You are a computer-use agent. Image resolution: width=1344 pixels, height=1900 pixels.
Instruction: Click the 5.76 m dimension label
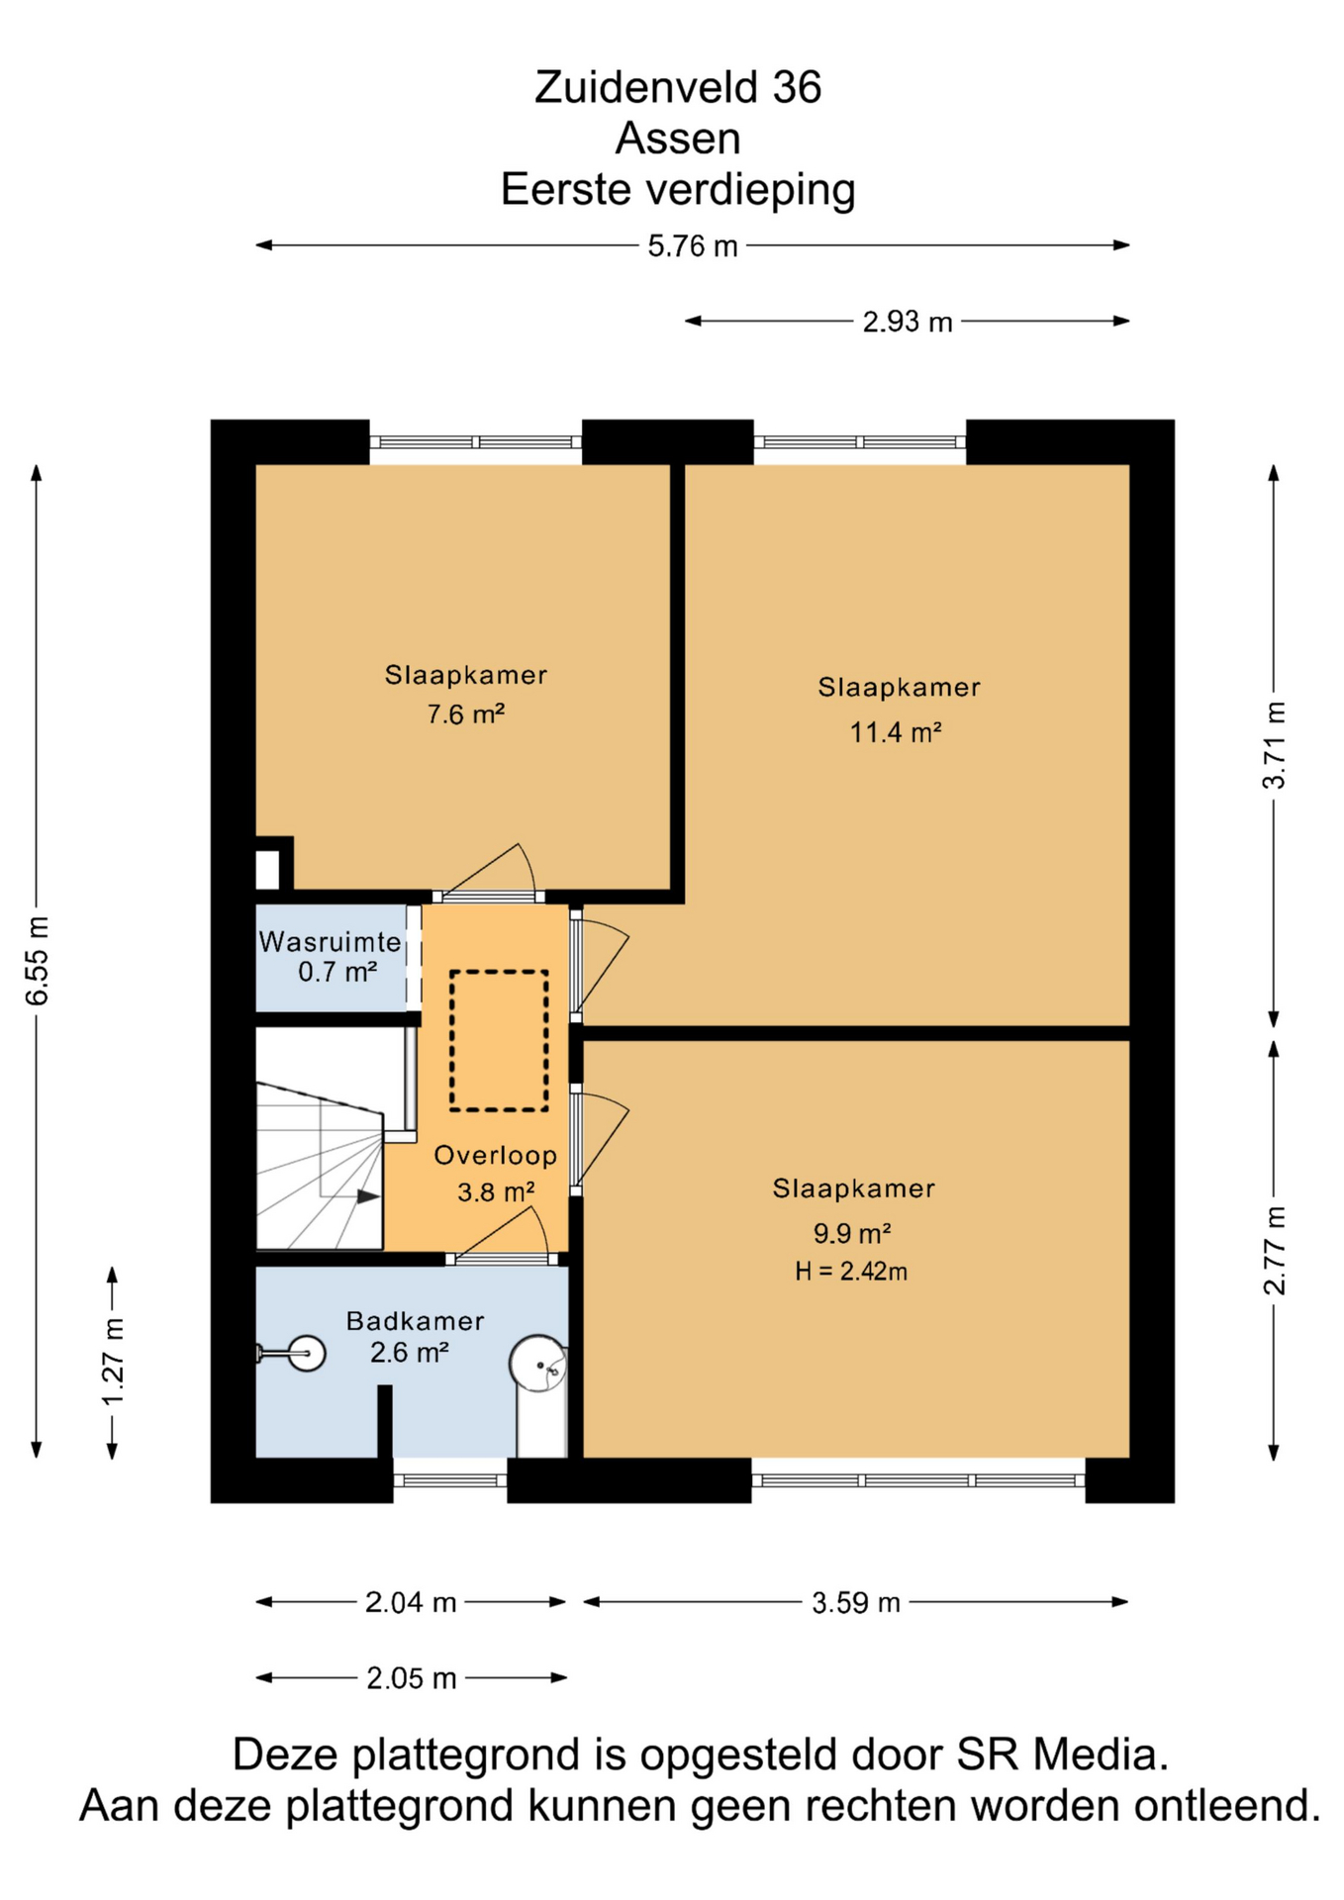693,245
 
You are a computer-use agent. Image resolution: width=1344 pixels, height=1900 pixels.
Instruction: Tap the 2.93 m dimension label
908,322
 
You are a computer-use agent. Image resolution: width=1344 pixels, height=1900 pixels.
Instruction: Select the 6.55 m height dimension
37,961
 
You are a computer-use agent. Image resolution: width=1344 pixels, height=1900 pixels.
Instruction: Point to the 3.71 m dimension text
1275,744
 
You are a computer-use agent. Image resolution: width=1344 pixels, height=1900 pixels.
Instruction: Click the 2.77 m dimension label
1275,1250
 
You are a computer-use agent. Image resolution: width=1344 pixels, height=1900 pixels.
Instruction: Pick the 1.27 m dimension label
113,1362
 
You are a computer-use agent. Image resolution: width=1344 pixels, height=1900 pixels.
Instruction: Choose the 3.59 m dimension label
856,1602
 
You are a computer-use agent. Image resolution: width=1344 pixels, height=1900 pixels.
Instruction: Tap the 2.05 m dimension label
412,1678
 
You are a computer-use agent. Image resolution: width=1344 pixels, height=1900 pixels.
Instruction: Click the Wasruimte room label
330,941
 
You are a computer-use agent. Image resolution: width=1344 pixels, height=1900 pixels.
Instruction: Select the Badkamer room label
415,1320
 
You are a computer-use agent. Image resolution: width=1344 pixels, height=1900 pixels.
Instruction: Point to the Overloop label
495,1155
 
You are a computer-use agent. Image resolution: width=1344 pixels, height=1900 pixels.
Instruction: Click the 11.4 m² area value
896,732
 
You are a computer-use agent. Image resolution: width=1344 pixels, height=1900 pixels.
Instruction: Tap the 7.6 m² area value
466,713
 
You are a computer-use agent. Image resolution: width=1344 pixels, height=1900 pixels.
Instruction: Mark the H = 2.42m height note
851,1272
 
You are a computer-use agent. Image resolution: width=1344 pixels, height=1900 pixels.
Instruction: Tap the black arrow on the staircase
368,1196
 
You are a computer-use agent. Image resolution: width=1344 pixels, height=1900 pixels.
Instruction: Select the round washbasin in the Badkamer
307,1353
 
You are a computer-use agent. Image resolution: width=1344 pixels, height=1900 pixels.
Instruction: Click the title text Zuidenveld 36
678,87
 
